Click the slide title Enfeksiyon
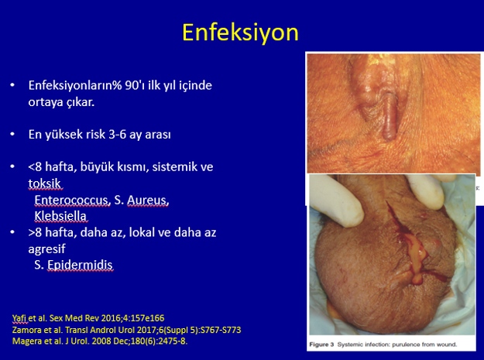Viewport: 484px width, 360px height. (x=241, y=33)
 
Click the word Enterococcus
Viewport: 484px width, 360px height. (x=72, y=200)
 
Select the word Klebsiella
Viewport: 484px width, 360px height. (x=60, y=216)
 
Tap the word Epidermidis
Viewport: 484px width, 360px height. (x=81, y=265)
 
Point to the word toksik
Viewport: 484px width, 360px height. (x=45, y=183)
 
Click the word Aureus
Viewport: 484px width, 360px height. (x=148, y=200)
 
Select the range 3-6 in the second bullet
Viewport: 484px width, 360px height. (x=117, y=135)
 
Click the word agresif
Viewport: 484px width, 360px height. (x=46, y=249)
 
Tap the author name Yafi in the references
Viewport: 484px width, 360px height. (x=20, y=318)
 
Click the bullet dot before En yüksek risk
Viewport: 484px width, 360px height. (x=12, y=134)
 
